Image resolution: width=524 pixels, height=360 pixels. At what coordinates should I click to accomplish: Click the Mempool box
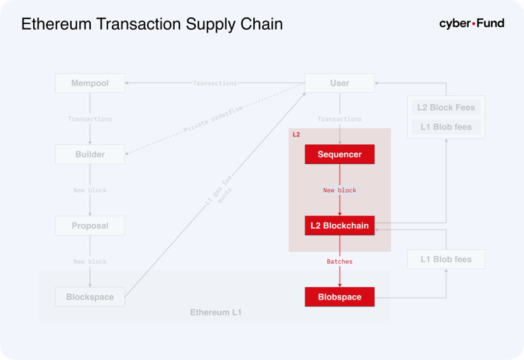pyautogui.click(x=90, y=83)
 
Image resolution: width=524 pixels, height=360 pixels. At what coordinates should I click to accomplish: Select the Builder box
pyautogui.click(x=90, y=154)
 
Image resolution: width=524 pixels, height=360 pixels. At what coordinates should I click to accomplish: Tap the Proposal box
pyautogui.click(x=90, y=225)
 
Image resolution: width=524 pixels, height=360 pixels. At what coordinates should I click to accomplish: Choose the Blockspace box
pyautogui.click(x=90, y=297)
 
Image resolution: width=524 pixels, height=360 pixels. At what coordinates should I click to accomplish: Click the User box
pyautogui.click(x=339, y=83)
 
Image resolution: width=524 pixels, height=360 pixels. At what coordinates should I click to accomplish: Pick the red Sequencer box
pyautogui.click(x=339, y=154)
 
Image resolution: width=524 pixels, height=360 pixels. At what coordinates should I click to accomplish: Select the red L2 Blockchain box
pyautogui.click(x=339, y=225)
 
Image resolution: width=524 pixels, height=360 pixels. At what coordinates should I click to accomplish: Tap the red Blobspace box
pyautogui.click(x=339, y=297)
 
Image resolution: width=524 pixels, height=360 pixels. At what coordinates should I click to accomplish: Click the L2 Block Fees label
pyautogui.click(x=446, y=108)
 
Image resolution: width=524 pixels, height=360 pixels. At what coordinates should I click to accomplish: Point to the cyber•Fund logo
pyautogui.click(x=472, y=24)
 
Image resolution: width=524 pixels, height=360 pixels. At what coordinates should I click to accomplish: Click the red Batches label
pyautogui.click(x=339, y=262)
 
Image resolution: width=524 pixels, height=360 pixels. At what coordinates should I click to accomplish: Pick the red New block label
pyautogui.click(x=339, y=190)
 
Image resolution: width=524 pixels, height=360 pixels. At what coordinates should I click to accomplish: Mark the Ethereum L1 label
pyautogui.click(x=215, y=313)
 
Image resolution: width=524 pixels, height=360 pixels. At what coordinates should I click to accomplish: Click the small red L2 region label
pyautogui.click(x=296, y=135)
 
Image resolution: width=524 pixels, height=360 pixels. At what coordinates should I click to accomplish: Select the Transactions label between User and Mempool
pyautogui.click(x=215, y=83)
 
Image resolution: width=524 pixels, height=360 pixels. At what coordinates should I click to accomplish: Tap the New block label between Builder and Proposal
pyautogui.click(x=90, y=190)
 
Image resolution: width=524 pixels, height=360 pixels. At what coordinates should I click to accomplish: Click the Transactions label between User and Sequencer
pyautogui.click(x=339, y=119)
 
